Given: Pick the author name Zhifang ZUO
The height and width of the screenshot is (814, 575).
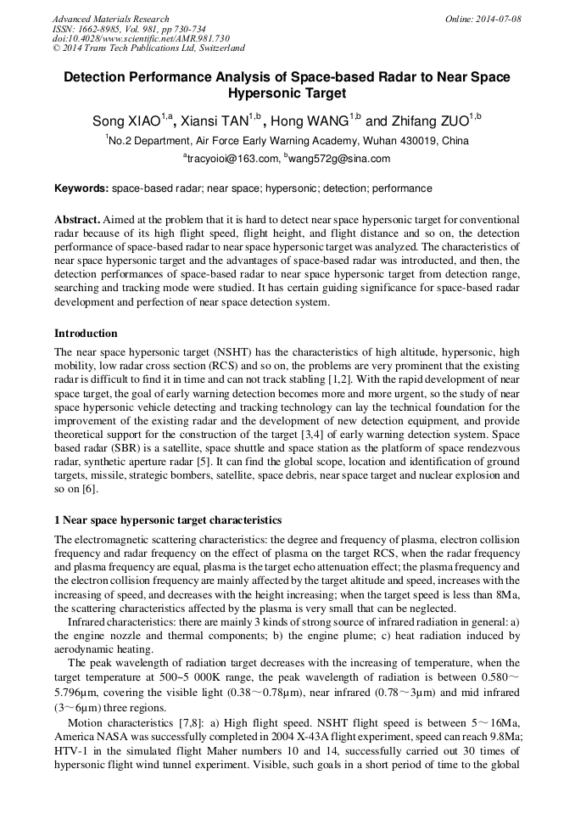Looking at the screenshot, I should coord(430,121).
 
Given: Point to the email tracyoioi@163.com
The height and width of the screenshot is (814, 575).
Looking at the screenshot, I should coord(232,159).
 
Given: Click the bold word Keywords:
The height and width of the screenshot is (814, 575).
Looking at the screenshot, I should coord(81,188).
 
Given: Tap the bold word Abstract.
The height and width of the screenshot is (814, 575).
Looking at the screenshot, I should coord(77,218).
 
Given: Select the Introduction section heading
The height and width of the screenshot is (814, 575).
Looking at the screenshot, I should coord(86,334).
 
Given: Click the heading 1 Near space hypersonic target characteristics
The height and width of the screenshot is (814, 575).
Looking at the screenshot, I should coord(168,519).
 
